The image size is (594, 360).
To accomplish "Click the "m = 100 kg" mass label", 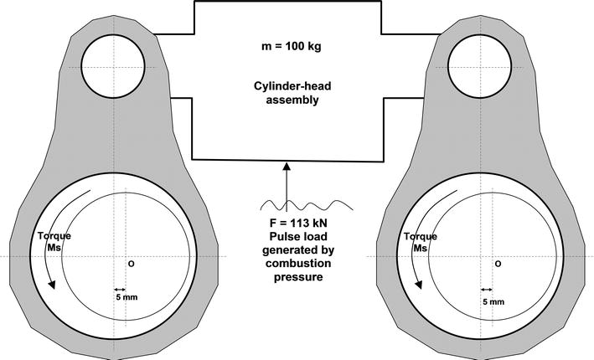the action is coord(292,47).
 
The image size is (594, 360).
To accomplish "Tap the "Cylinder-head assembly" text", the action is coord(292,93).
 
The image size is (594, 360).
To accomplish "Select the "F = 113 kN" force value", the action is coord(298,223).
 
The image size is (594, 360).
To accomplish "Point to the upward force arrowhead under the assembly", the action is coord(287,166).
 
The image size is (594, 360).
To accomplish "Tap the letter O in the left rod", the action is coord(131,264).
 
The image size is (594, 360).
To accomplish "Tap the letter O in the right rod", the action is coord(498,264).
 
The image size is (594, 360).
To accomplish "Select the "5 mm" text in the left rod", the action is coord(127,297).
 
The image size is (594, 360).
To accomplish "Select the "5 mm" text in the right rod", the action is coord(493,301).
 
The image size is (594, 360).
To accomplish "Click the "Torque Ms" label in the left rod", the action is coord(54,242).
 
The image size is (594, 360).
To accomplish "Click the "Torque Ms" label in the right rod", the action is coord(420,242).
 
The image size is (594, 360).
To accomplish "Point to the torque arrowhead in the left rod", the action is coord(52,285).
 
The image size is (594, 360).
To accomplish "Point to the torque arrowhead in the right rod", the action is coord(419,285).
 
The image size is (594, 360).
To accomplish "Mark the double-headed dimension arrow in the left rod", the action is coord(120,290).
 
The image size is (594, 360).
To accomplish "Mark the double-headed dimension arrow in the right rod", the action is coord(487,290).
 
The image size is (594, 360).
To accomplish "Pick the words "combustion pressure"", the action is coord(298,270).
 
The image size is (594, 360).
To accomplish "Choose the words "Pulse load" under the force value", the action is coord(298,237).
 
